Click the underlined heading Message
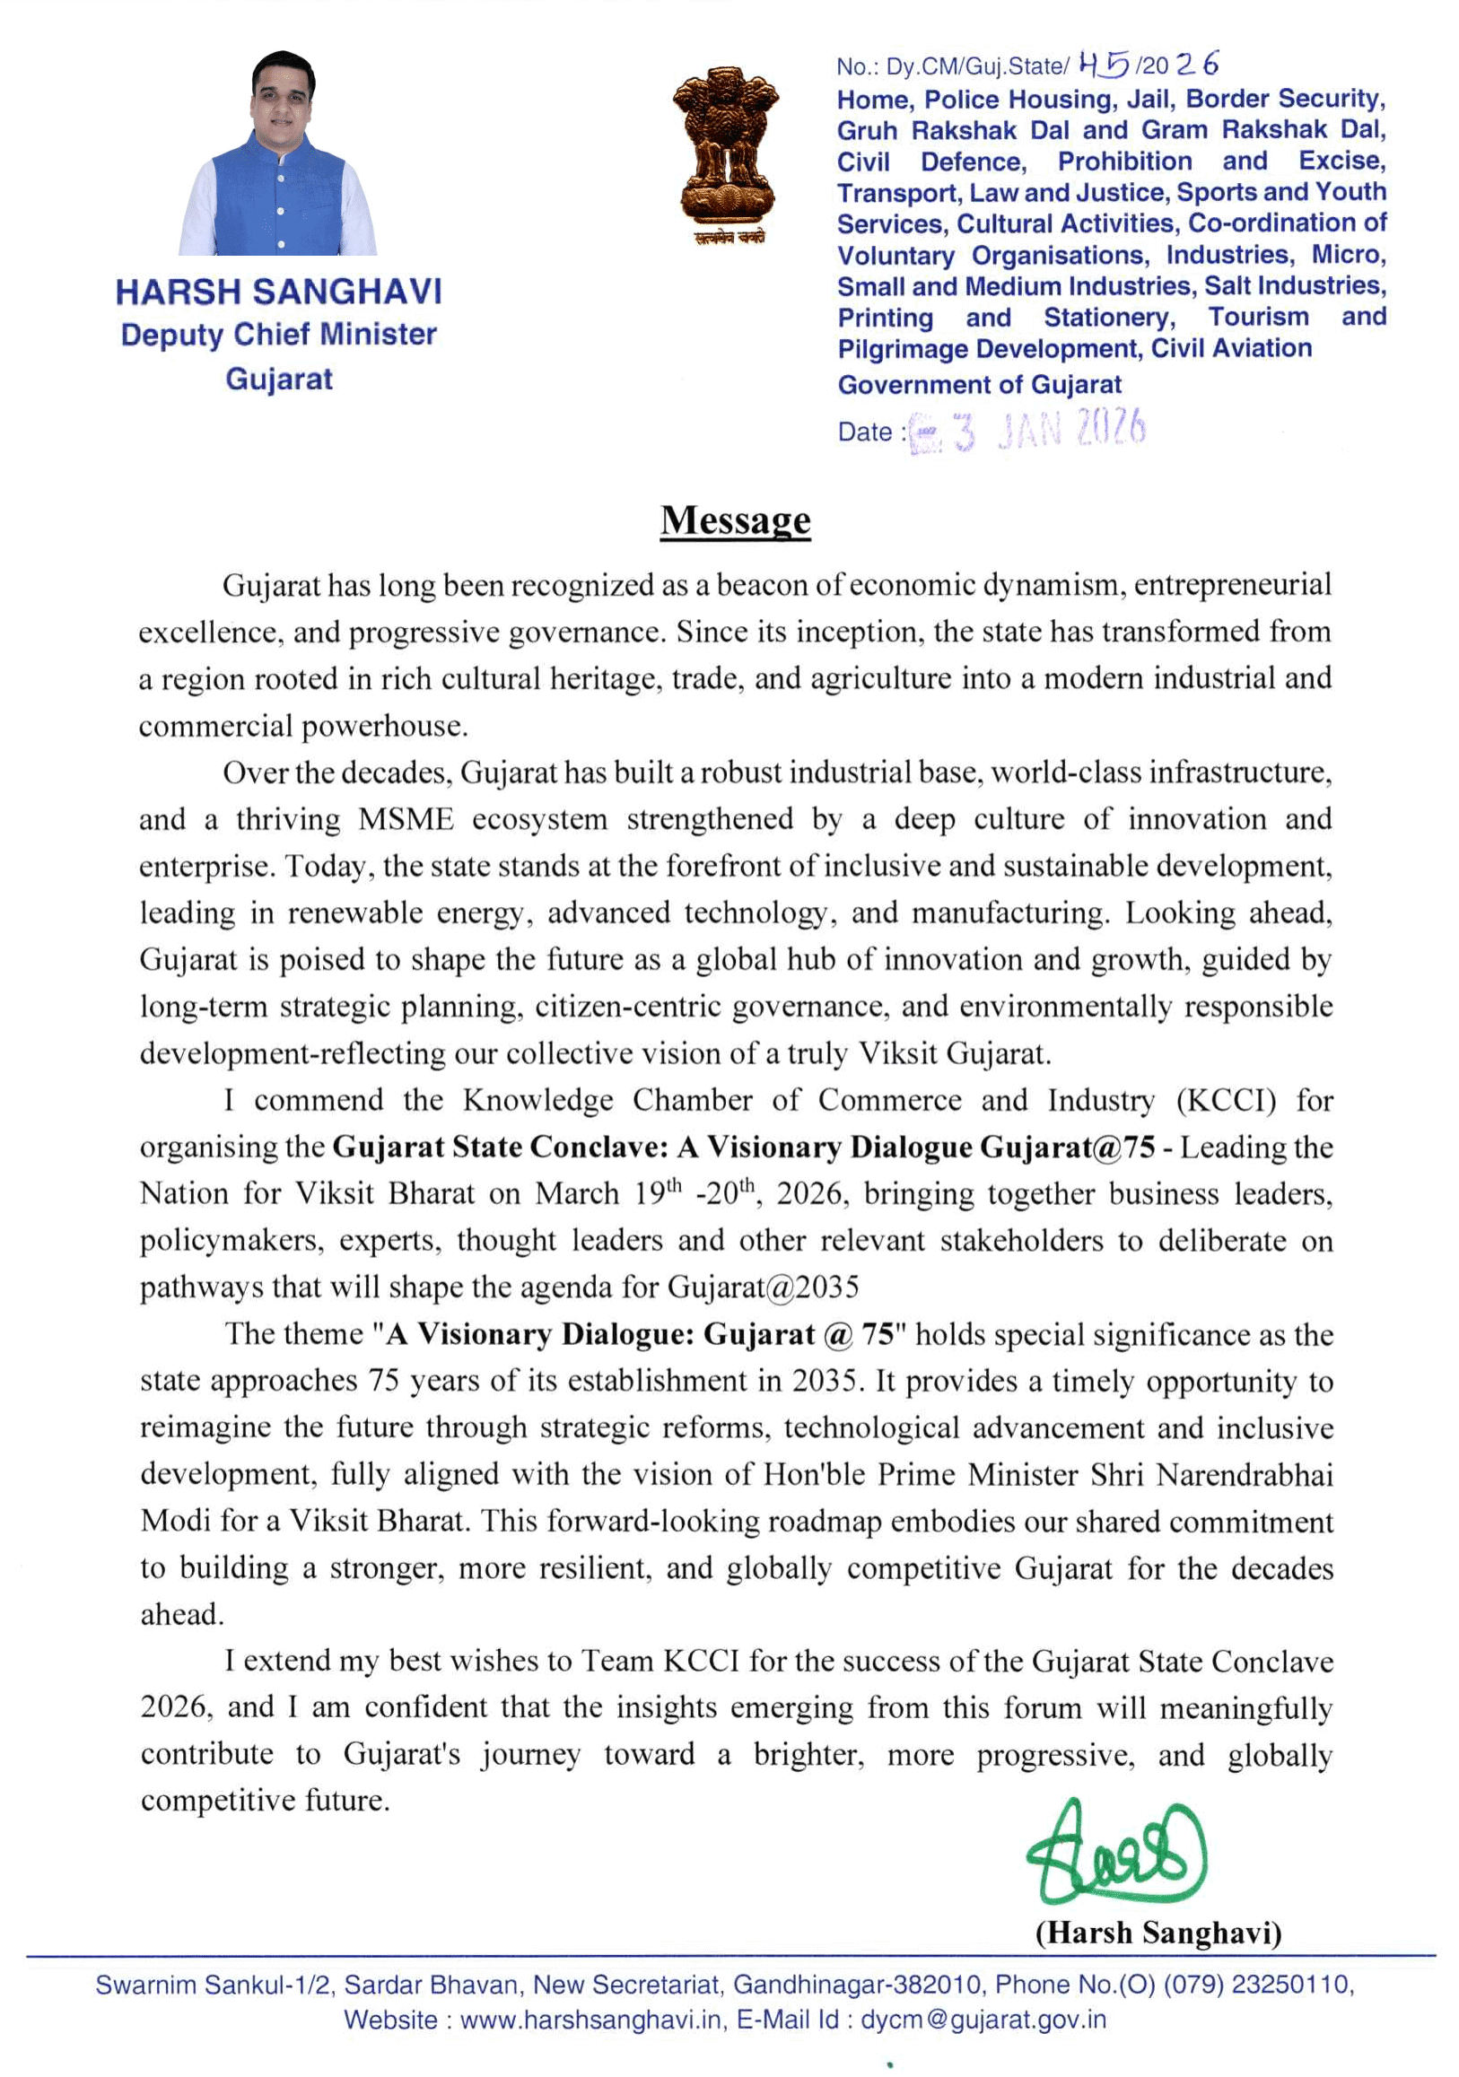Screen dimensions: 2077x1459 pos(735,521)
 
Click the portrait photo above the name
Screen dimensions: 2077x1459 pos(277,153)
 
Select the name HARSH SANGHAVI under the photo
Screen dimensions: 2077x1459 pos(278,292)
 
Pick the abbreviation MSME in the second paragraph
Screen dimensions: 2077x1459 pos(406,819)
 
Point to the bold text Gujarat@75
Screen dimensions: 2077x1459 pos(1068,1147)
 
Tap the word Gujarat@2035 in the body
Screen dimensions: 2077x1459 pos(764,1287)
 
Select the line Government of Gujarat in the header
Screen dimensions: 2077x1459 pos(979,385)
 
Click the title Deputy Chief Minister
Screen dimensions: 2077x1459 pos(278,335)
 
